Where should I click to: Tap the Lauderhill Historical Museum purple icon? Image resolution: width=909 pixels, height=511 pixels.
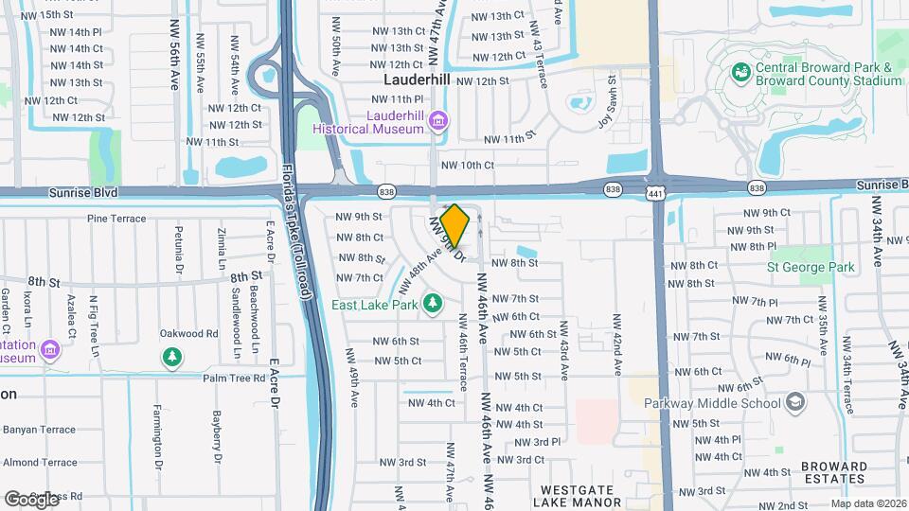coord(437,120)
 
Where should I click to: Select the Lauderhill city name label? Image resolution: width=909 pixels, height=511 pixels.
coord(417,80)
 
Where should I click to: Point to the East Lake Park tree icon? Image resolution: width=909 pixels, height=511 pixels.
coord(433,303)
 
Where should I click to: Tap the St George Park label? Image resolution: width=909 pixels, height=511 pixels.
coord(812,267)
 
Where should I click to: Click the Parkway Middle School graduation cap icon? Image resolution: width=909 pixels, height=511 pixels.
coord(795,403)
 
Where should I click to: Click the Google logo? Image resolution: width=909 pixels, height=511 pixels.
coord(30,498)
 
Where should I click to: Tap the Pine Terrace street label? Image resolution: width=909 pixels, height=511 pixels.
coord(116,219)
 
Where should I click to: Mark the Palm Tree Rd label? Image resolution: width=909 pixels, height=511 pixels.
coord(232,378)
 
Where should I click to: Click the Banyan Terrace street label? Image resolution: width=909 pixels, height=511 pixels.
coord(38,430)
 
